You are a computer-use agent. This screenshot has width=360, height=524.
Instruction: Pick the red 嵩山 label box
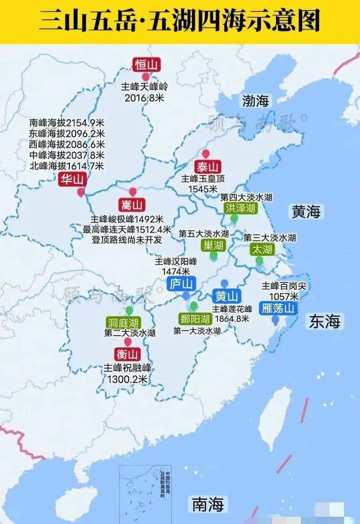[x=131, y=206]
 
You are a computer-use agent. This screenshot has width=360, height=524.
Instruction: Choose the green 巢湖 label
[x=213, y=245]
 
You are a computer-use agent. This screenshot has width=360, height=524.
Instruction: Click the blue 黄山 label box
[x=226, y=296]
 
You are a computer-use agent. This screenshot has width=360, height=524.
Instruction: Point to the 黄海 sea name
[x=306, y=211]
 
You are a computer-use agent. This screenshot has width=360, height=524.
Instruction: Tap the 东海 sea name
[x=324, y=321]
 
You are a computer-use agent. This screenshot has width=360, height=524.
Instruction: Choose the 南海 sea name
[x=208, y=504]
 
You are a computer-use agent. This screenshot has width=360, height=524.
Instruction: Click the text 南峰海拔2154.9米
[x=67, y=122]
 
